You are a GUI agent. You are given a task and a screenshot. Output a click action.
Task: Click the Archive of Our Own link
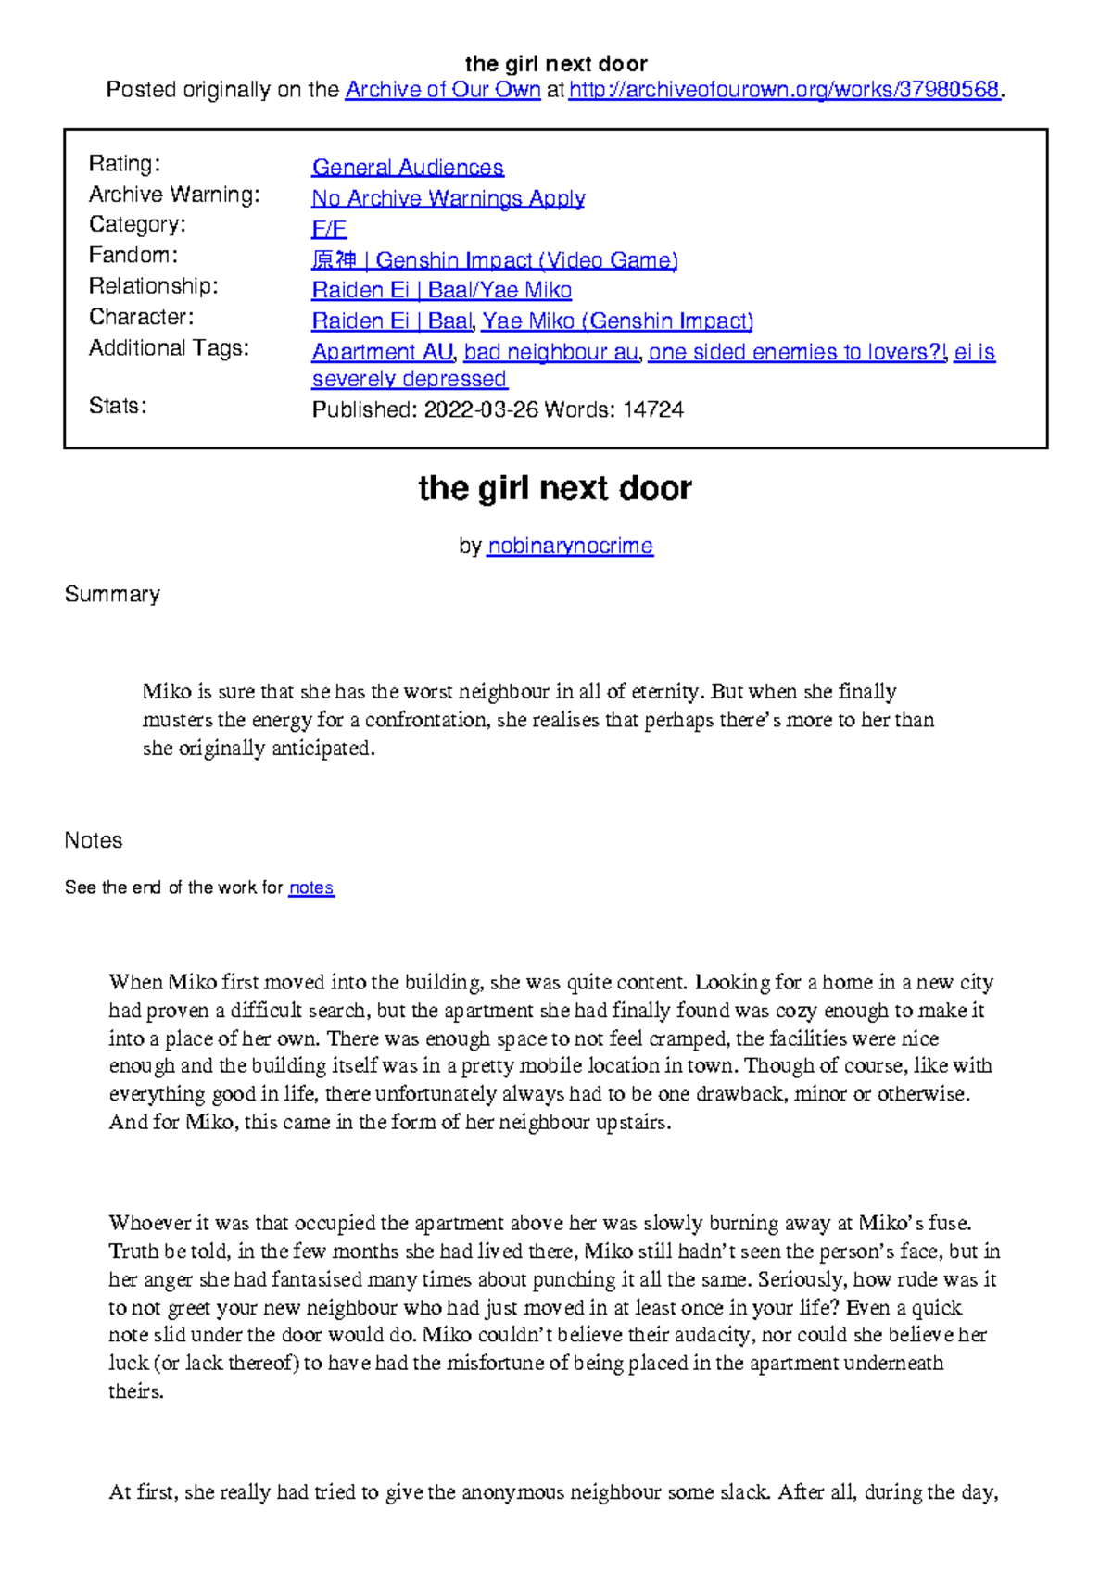click(442, 90)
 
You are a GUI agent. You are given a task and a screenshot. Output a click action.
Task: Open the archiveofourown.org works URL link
click(784, 90)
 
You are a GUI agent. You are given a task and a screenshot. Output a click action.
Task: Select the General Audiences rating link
click(408, 168)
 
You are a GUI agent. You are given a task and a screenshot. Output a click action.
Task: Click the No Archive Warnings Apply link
click(449, 198)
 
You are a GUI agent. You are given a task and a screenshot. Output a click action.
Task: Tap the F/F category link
click(329, 229)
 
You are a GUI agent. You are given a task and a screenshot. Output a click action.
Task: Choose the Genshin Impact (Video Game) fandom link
click(495, 260)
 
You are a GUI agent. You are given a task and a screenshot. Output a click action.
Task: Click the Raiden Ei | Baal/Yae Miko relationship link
click(442, 291)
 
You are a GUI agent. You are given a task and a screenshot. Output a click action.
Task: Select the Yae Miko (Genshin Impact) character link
click(617, 321)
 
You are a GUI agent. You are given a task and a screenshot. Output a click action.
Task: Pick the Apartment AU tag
click(382, 352)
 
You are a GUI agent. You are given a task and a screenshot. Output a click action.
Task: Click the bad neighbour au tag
click(550, 352)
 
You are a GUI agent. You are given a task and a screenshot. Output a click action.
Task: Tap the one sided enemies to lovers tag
click(797, 352)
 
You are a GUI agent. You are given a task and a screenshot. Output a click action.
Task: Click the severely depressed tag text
click(410, 379)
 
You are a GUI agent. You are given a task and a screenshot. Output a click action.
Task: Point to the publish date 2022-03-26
click(480, 409)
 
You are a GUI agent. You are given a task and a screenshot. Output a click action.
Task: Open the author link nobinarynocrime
click(570, 547)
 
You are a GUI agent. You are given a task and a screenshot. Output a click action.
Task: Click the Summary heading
click(112, 594)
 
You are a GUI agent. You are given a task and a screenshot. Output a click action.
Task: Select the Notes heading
click(94, 840)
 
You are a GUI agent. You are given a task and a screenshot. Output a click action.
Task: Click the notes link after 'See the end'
click(311, 887)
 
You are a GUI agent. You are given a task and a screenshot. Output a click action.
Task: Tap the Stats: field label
click(118, 406)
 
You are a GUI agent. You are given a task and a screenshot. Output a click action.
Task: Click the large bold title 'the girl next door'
click(555, 488)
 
